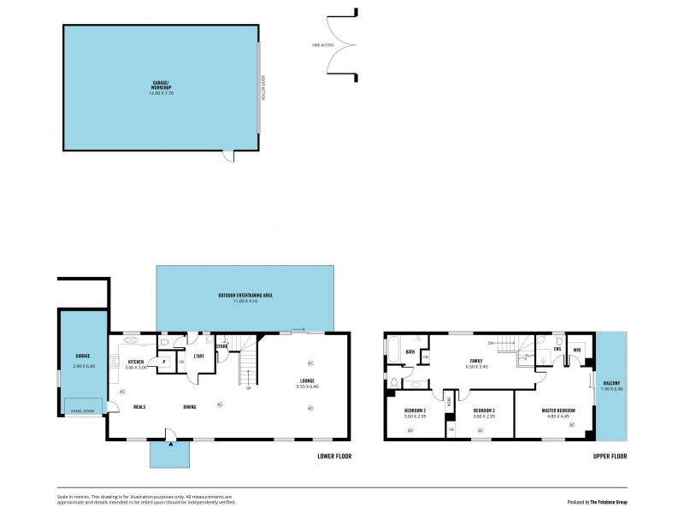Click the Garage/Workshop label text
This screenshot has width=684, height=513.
tap(161, 85)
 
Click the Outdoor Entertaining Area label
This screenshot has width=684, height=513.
tap(245, 296)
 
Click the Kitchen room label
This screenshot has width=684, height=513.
tap(136, 362)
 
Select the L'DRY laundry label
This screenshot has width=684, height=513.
tap(198, 357)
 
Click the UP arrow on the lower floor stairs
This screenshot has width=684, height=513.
tap(249, 388)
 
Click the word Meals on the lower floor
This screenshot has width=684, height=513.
tap(139, 406)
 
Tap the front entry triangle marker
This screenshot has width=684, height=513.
tap(172, 443)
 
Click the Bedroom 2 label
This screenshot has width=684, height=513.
tap(416, 411)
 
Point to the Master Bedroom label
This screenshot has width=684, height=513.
tap(558, 411)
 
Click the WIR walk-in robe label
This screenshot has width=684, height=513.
tap(577, 350)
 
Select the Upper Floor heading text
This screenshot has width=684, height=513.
tap(610, 457)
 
